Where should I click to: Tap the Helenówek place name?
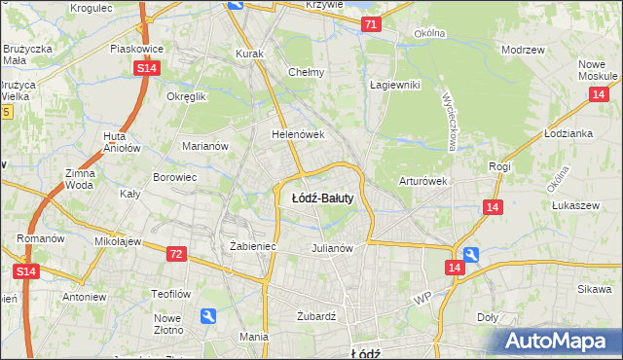(297, 135)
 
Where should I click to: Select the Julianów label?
(331, 247)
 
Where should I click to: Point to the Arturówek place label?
(422, 181)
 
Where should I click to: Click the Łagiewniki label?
(394, 85)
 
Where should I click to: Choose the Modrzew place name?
(522, 49)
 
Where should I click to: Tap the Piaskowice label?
(135, 48)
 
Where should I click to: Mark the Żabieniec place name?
(253, 247)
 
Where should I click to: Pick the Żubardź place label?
(315, 316)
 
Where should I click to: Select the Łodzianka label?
(569, 133)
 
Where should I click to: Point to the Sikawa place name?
(593, 289)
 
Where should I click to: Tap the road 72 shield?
(175, 254)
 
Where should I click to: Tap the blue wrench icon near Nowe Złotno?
(208, 315)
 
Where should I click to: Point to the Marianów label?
(205, 147)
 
